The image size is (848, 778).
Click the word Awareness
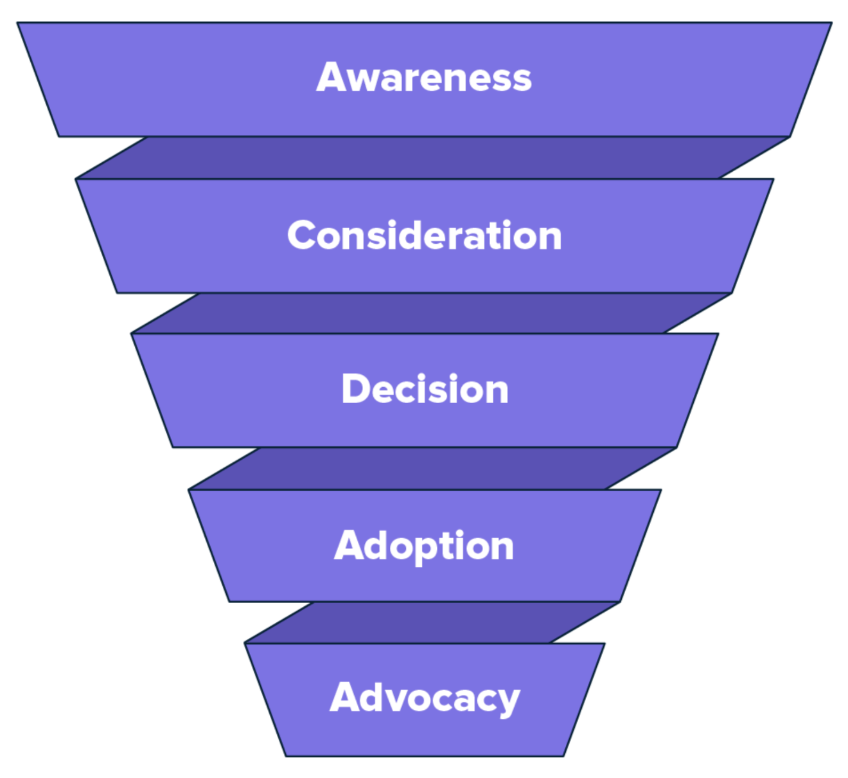pos(424,78)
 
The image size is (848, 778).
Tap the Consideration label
pos(424,235)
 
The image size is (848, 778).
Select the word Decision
pos(425,389)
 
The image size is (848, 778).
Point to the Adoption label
pos(424,546)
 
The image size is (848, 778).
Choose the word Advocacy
pos(425,698)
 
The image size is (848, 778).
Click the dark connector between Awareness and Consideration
pos(432,158)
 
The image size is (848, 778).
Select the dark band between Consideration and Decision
pos(430,313)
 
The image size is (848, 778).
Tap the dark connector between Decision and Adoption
pos(432,468)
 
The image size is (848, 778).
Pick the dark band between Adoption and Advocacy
pos(432,622)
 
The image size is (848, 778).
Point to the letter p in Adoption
pos(428,550)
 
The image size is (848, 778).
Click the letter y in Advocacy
pos(508,703)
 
